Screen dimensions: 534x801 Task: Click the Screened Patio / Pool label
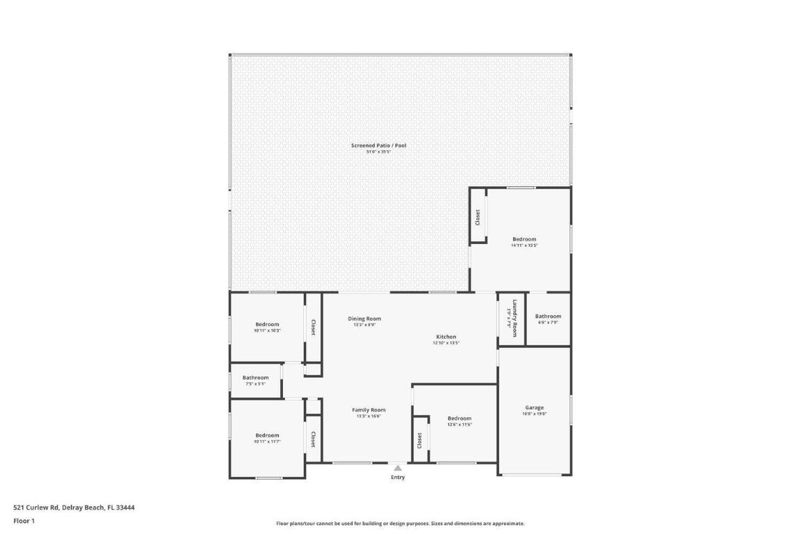coord(378,145)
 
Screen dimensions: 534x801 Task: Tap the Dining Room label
coord(364,318)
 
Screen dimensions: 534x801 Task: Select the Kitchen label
coord(446,337)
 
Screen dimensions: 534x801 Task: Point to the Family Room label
coord(369,410)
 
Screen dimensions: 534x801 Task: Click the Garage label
coord(534,407)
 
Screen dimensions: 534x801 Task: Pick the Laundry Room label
coord(515,318)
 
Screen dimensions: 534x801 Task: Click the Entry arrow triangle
coord(398,468)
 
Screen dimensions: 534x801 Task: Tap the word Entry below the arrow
coord(398,478)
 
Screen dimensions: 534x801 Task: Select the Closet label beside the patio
coord(478,218)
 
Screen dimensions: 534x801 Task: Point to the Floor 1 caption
coord(24,521)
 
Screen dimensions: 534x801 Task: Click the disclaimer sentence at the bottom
coord(400,524)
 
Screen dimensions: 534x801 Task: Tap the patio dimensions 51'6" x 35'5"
coord(378,152)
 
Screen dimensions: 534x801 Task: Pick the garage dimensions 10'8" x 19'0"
coord(534,414)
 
